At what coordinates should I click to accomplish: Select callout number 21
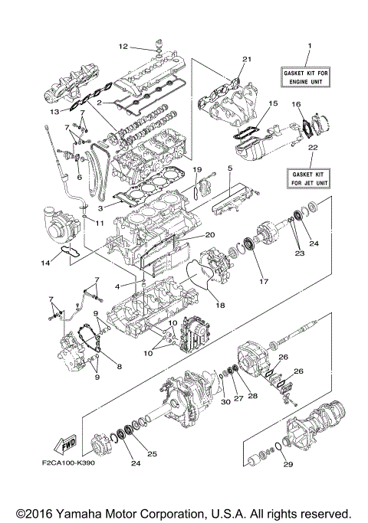246,59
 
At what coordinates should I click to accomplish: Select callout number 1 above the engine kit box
309,46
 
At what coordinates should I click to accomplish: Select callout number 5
229,167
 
